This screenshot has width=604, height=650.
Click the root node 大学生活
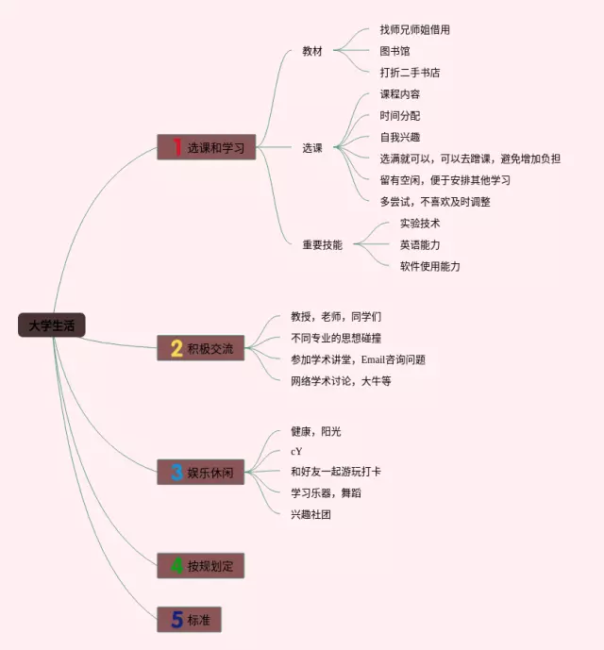tap(51, 325)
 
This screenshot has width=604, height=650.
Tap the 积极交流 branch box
tap(201, 348)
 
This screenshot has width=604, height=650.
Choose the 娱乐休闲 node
tap(201, 472)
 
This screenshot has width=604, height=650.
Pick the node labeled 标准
tap(189, 620)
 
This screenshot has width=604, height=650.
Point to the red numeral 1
tap(176, 147)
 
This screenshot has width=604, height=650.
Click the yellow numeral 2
tap(176, 348)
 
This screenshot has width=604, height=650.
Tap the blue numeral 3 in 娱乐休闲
tap(176, 472)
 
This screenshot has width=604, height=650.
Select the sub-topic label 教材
tap(312, 51)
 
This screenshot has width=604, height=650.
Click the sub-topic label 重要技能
tap(322, 244)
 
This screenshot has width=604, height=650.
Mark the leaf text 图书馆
tap(395, 51)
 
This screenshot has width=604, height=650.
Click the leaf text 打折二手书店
tap(410, 73)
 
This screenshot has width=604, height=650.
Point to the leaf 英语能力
tap(420, 244)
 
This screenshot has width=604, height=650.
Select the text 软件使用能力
tap(429, 266)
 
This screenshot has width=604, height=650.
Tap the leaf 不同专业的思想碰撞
tap(337, 338)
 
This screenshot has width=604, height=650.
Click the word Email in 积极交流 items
tap(375, 359)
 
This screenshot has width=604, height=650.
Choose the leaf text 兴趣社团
tap(310, 514)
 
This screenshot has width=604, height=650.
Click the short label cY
tap(296, 451)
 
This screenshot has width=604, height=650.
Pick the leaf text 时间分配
tap(400, 115)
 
